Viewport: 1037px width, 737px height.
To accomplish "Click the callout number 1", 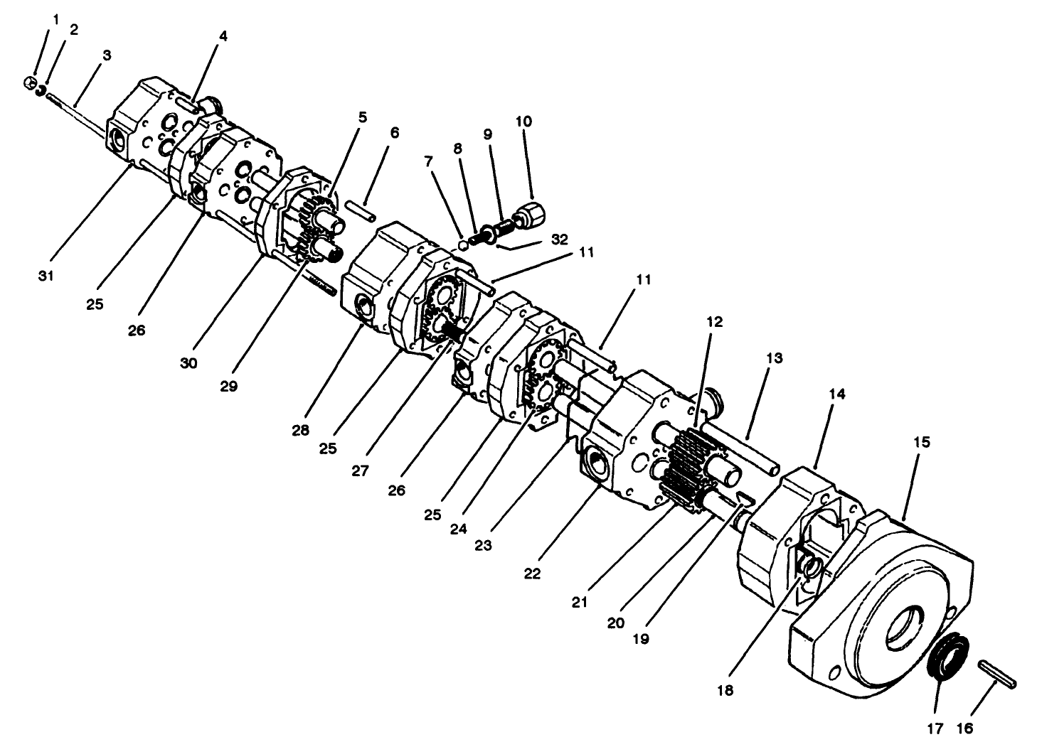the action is [56, 19].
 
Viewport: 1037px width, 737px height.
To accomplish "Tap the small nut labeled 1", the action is [29, 83].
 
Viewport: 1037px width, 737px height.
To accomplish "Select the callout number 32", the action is [559, 240].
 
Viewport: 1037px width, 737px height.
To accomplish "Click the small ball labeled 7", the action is [464, 244].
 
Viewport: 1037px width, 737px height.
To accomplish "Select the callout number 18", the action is [725, 690].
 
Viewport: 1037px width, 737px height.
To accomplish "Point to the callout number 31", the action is [46, 276].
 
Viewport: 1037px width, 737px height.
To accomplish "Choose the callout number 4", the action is [223, 36].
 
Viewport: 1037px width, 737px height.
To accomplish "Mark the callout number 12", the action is [714, 321].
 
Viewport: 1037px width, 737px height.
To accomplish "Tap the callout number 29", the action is [229, 386].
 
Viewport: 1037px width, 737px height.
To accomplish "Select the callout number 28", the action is [300, 430].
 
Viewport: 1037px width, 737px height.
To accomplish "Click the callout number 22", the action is [533, 574].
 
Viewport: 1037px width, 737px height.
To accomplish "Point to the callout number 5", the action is [363, 117].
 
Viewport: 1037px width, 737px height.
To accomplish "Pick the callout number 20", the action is [616, 623].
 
